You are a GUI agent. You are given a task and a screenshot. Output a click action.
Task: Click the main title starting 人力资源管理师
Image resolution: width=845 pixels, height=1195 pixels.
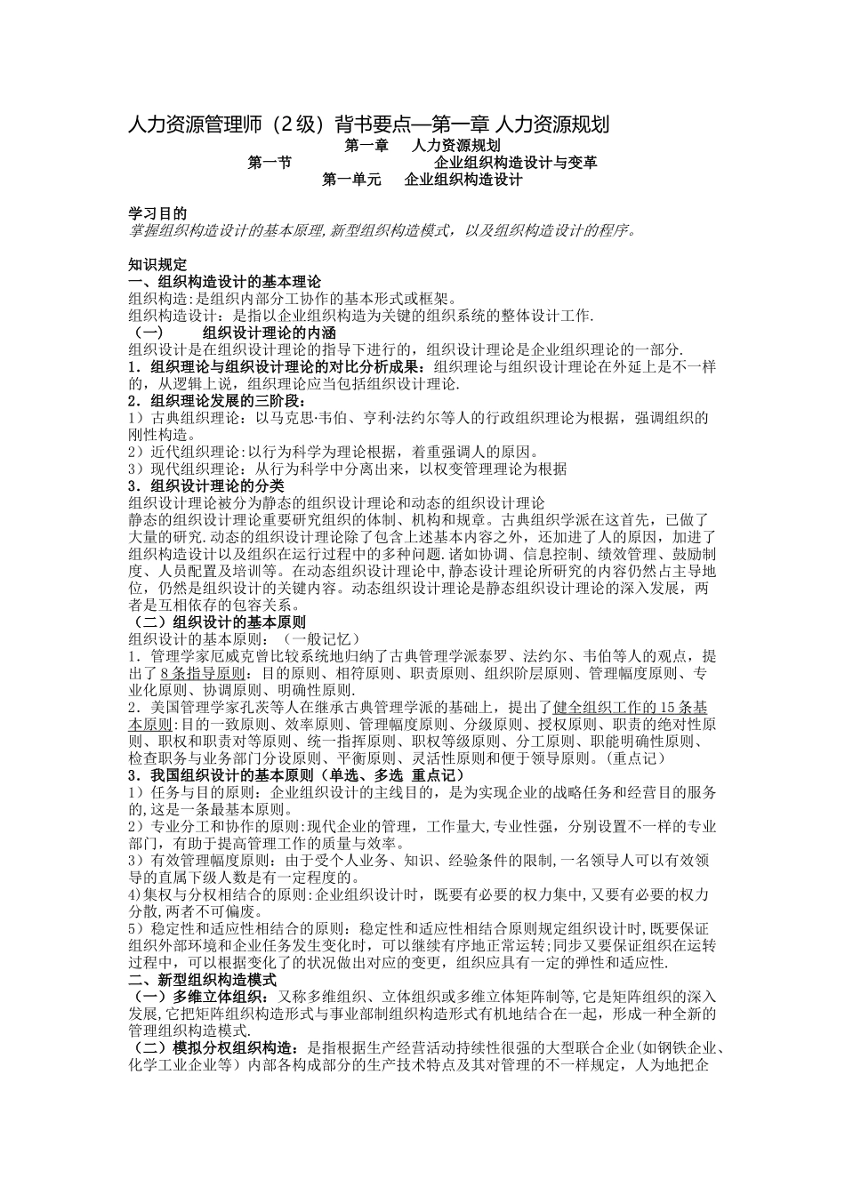pyautogui.click(x=369, y=124)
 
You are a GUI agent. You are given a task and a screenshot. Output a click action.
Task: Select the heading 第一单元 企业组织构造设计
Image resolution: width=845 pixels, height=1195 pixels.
pyautogui.click(x=422, y=180)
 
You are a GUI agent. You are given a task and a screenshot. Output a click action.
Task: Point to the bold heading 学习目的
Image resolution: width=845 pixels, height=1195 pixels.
pyautogui.click(x=157, y=214)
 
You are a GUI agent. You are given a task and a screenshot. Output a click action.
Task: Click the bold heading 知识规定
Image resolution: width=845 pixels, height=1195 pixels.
pyautogui.click(x=157, y=264)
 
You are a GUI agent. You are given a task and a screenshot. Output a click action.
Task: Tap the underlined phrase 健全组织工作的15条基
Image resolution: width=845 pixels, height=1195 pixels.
pyautogui.click(x=631, y=707)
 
